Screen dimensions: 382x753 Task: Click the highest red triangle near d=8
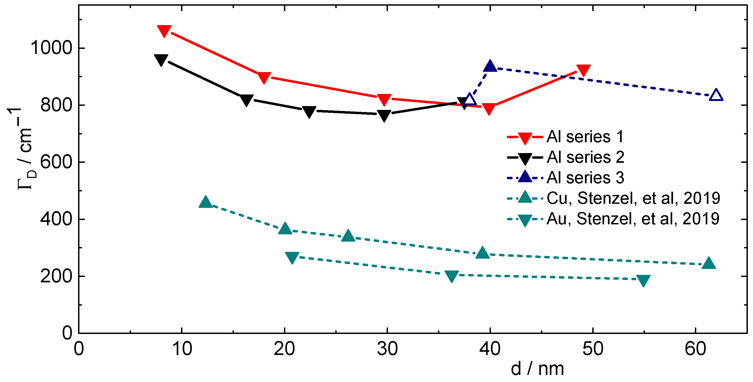point(164,31)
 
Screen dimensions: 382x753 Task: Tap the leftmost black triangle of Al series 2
point(161,60)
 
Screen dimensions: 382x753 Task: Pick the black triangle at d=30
point(384,115)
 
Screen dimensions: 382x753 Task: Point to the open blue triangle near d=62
point(716,95)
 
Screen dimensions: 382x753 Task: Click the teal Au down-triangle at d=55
point(643,280)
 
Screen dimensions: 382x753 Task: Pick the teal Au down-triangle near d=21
point(292,257)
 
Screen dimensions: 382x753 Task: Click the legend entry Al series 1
point(585,137)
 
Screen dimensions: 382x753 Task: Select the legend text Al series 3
point(585,178)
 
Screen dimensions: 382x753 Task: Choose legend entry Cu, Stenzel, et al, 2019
point(633,198)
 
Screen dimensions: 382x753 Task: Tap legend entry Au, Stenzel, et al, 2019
point(632,218)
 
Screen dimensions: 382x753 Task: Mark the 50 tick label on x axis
point(593,349)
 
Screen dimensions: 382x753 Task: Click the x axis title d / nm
point(537,369)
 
